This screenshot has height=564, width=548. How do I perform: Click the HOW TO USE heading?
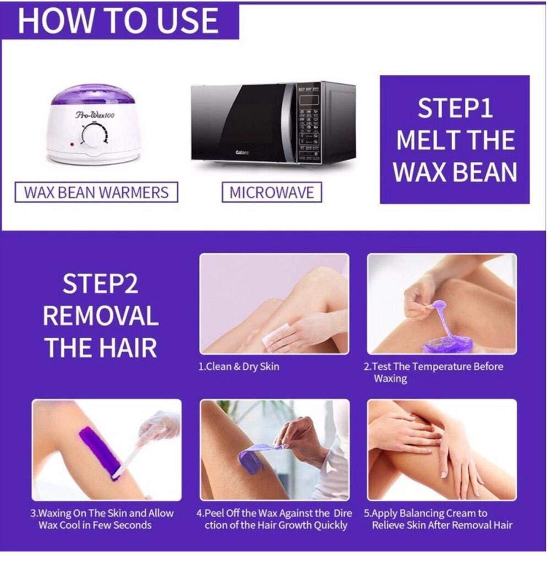pos(118,20)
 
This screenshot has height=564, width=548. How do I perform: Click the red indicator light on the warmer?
pos(72,144)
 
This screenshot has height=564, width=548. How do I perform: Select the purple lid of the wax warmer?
pos(93,95)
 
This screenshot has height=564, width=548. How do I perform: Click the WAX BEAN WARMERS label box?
pos(96,193)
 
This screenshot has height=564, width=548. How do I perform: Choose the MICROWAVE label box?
pos(272,193)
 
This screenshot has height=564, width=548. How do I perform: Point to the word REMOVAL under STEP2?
pos(101,316)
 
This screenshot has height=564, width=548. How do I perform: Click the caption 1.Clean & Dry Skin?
pos(238,366)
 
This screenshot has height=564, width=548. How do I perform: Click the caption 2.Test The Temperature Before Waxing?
pos(433,372)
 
